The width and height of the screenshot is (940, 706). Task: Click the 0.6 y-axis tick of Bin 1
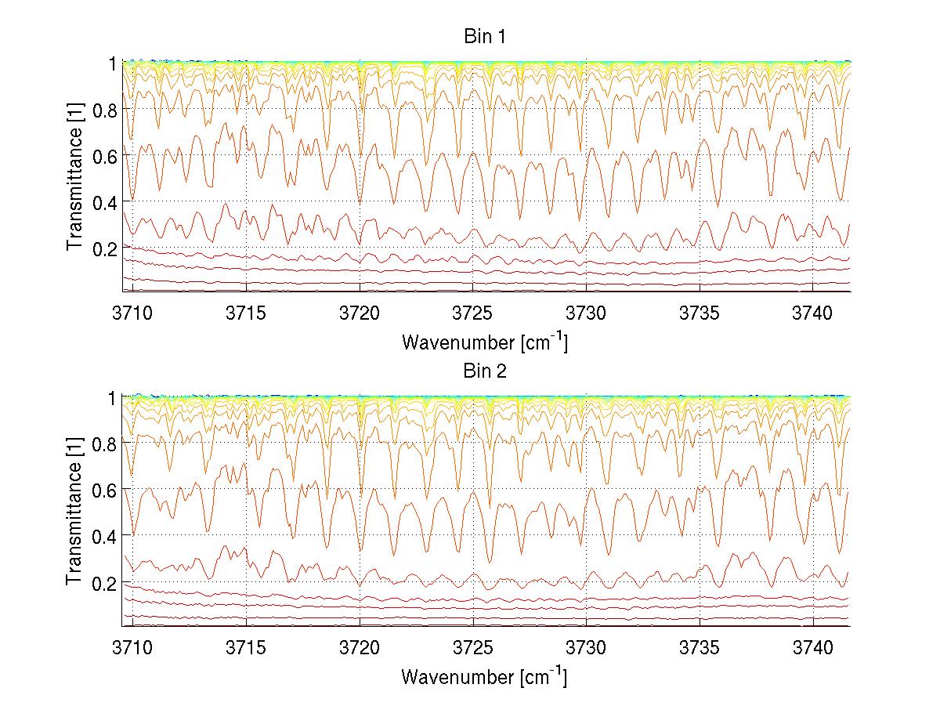click(x=104, y=155)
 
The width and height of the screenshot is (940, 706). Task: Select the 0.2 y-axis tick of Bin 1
click(x=104, y=248)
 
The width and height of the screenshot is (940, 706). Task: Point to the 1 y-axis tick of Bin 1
click(x=112, y=63)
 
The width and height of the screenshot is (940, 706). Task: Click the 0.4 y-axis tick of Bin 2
click(x=104, y=536)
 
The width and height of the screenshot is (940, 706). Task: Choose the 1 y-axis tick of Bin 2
click(x=112, y=397)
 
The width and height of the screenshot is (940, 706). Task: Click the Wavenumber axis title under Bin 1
click(x=484, y=342)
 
